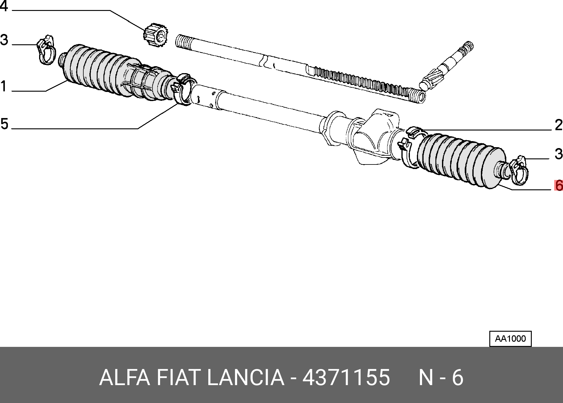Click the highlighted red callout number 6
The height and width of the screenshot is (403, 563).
click(x=559, y=185)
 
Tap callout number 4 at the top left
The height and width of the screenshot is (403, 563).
click(x=4, y=6)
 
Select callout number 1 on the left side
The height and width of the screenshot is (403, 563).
click(x=3, y=86)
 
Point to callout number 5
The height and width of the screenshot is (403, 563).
click(x=4, y=124)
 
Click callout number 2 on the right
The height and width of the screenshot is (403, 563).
click(x=559, y=125)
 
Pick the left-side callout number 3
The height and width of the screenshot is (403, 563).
click(x=4, y=40)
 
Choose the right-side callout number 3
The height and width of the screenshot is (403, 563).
click(x=559, y=154)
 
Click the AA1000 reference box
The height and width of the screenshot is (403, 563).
click(x=511, y=339)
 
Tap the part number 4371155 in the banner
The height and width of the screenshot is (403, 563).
click(x=346, y=378)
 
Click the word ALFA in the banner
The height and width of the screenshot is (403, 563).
click(x=125, y=378)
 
